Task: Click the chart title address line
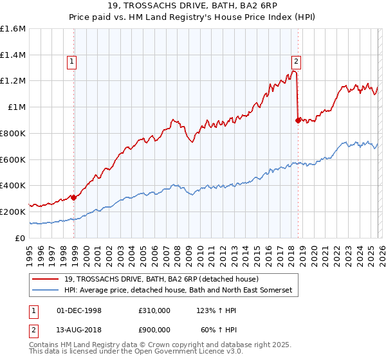[193, 6]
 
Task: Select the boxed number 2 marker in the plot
[296, 62]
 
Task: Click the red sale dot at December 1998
[73, 197]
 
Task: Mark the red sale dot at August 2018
[297, 120]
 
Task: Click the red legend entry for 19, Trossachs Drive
[161, 279]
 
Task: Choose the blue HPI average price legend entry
[178, 291]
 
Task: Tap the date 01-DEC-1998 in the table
[80, 310]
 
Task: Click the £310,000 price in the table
[154, 310]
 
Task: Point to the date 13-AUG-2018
[80, 330]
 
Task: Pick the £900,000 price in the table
[154, 330]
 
